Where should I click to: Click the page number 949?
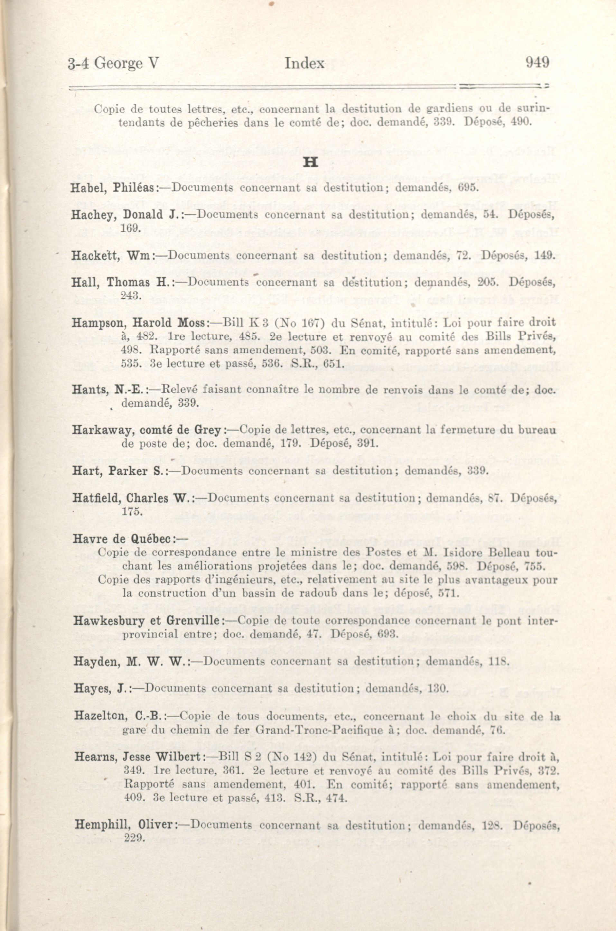tap(537, 62)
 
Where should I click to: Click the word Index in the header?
tap(304, 63)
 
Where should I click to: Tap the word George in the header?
tap(119, 63)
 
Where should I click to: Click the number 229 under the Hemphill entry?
tap(134, 837)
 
